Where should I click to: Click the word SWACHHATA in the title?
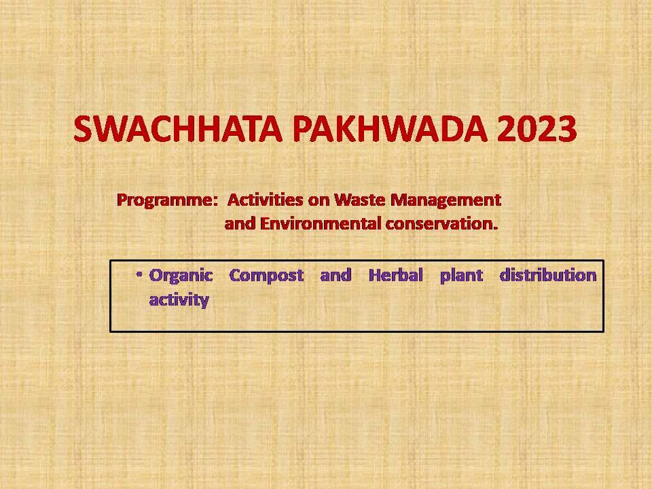(178, 129)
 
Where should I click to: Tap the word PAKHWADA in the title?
(390, 129)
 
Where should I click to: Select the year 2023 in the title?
(537, 129)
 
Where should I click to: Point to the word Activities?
(266, 200)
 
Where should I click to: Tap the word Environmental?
(321, 223)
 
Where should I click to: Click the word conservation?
(439, 223)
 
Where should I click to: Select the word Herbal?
(396, 275)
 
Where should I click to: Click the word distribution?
(548, 275)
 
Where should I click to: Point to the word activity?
(179, 300)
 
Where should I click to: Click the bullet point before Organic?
(139, 274)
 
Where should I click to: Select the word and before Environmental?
(240, 223)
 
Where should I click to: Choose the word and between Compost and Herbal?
(336, 275)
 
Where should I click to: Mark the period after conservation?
(496, 229)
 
